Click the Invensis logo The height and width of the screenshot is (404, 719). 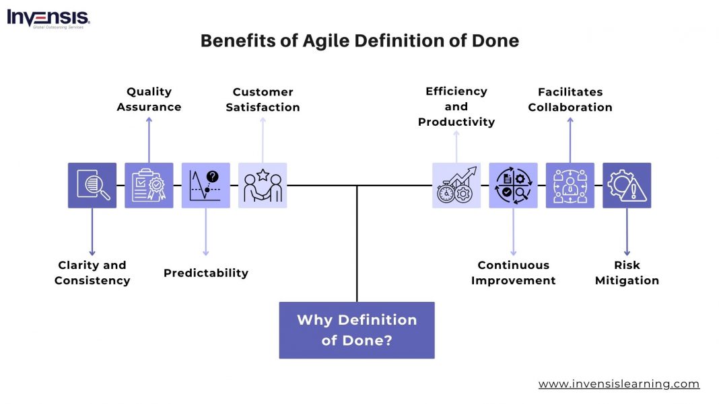click(x=48, y=18)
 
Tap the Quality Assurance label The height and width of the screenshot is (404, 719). click(x=149, y=99)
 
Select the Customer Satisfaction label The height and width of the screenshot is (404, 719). click(x=263, y=99)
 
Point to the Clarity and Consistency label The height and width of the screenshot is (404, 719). click(x=92, y=273)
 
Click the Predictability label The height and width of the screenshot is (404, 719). click(x=206, y=273)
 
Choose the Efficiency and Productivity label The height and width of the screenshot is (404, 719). click(x=456, y=106)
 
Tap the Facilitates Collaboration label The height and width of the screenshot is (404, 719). click(x=570, y=99)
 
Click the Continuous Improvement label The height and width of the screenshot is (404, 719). click(x=514, y=273)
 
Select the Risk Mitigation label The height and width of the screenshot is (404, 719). click(x=627, y=273)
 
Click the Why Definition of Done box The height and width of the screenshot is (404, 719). click(x=357, y=330)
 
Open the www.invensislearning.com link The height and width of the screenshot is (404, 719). click(x=619, y=384)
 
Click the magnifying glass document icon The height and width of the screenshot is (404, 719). click(x=92, y=185)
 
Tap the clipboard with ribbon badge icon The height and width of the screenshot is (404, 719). click(x=149, y=185)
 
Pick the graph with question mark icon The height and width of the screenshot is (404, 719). click(x=206, y=185)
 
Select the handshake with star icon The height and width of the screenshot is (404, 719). click(x=263, y=185)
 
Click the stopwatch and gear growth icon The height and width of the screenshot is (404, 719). click(x=456, y=185)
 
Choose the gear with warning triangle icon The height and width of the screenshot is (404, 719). click(x=627, y=185)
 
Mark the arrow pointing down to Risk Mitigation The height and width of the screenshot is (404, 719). click(x=627, y=232)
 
